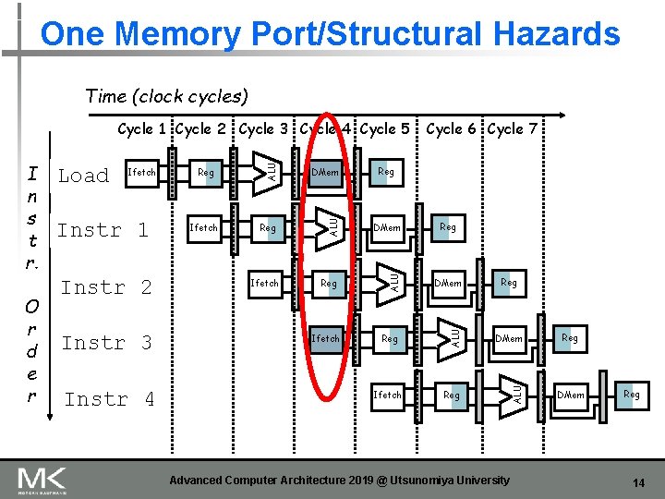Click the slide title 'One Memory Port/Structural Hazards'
pyautogui.click(x=331, y=34)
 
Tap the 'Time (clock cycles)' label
pyautogui.click(x=166, y=95)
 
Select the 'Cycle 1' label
pyautogui.click(x=142, y=129)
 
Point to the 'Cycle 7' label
pyautogui.click(x=512, y=129)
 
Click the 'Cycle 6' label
pyautogui.click(x=453, y=129)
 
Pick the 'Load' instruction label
pyautogui.click(x=83, y=176)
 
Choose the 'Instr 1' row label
pyautogui.click(x=103, y=230)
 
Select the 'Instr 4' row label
pyautogui.click(x=108, y=399)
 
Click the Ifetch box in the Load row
pyautogui.click(x=141, y=173)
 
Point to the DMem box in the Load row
pyautogui.click(x=325, y=173)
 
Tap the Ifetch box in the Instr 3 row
pyautogui.click(x=325, y=338)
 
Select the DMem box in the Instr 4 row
pyautogui.click(x=571, y=396)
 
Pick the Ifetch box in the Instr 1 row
pyautogui.click(x=203, y=227)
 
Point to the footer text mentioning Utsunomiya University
pyautogui.click(x=339, y=481)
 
